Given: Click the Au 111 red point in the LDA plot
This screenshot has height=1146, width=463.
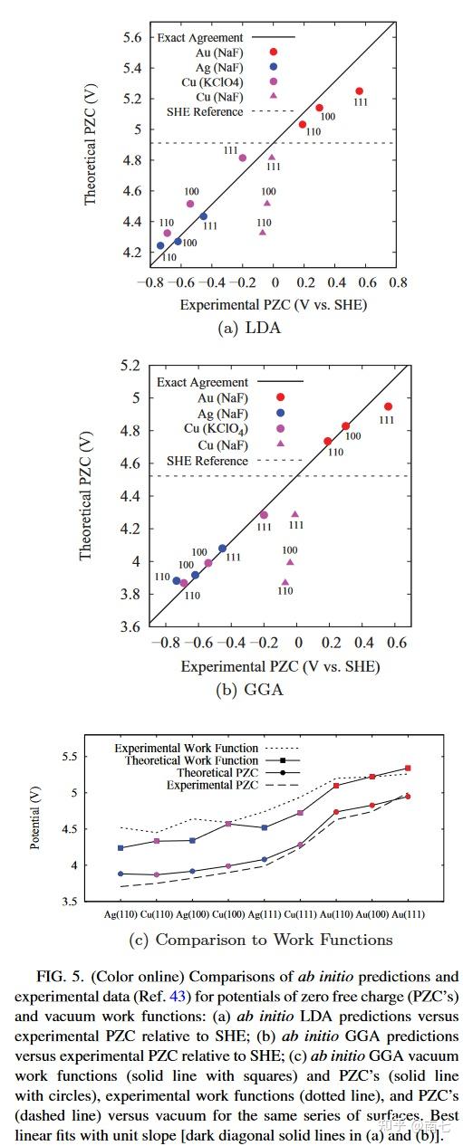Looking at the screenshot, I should (x=359, y=91).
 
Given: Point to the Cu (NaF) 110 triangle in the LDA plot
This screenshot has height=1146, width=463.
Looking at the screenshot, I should (x=263, y=233).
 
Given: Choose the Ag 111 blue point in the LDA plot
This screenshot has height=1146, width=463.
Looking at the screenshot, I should (x=203, y=216).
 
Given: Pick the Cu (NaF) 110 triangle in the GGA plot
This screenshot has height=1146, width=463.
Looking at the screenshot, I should (x=285, y=583).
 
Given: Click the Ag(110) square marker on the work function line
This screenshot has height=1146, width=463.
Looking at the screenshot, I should (x=121, y=848).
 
